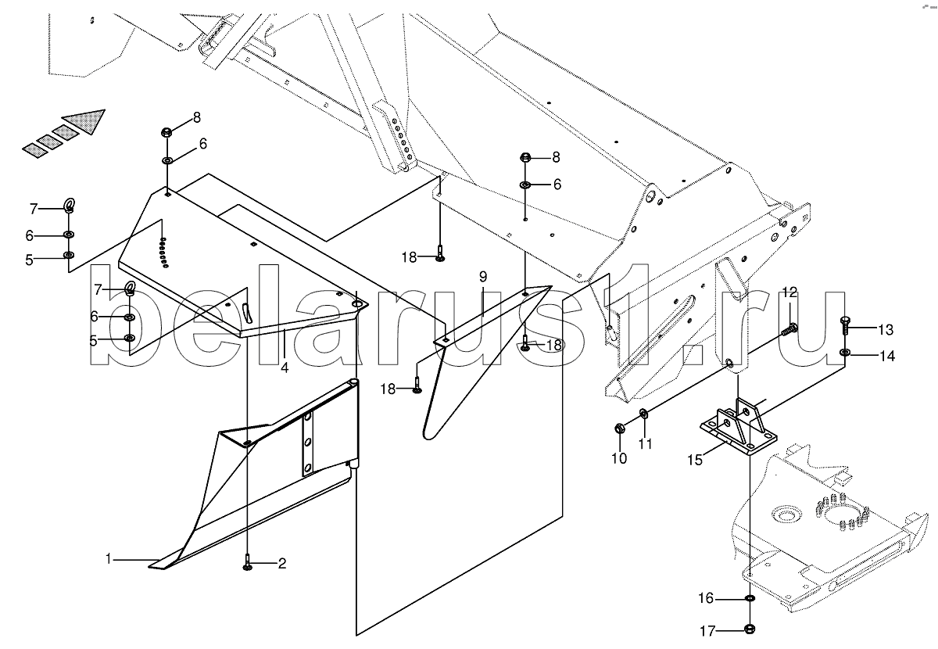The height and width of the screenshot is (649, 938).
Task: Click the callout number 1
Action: [x=109, y=559]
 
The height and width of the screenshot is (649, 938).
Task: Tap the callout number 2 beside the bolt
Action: [x=282, y=564]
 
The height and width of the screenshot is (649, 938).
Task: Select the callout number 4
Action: [x=285, y=368]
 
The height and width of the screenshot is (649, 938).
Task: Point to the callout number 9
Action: [x=483, y=277]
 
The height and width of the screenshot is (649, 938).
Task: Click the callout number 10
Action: [x=619, y=458]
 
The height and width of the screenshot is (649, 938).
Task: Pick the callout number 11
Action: [x=646, y=443]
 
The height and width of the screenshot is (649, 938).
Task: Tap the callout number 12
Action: [x=789, y=292]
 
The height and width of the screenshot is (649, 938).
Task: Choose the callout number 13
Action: [x=886, y=330]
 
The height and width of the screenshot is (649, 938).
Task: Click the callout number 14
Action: [x=887, y=356]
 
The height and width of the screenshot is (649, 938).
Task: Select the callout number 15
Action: [x=695, y=460]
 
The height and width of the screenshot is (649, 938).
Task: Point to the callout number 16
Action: [x=706, y=598]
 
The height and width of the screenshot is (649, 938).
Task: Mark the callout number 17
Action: [x=707, y=631]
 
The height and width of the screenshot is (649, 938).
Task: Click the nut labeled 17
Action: [x=750, y=629]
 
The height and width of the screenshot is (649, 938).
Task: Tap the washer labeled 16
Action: [x=750, y=597]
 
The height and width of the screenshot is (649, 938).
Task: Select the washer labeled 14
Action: [x=845, y=352]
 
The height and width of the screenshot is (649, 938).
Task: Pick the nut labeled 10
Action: [x=618, y=428]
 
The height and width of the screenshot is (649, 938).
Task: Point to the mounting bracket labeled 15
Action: [x=738, y=428]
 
